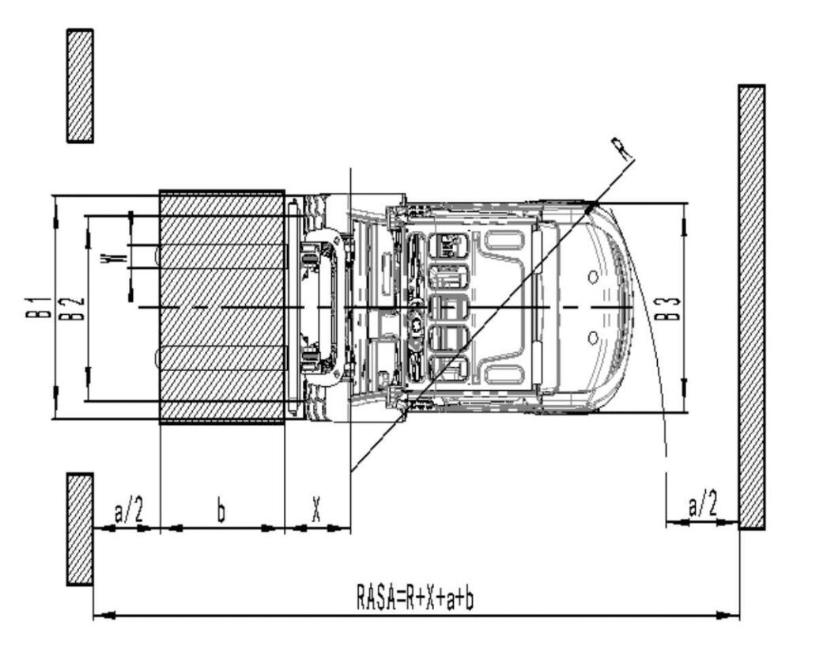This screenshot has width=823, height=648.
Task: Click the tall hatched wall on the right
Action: pos(751,307)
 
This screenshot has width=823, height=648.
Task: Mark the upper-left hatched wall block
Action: pos(80,85)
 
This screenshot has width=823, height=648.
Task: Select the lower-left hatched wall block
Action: pos(80,529)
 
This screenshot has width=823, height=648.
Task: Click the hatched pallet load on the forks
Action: pos(221,307)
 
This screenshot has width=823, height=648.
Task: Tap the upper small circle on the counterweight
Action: pos(592,276)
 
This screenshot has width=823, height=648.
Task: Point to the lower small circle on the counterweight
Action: pos(592,338)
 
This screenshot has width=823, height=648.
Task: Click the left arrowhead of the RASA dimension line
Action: pos(99,615)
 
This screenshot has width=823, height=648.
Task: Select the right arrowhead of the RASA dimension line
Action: pos(734,615)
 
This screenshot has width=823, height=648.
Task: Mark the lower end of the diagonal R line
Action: pos(352,472)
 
